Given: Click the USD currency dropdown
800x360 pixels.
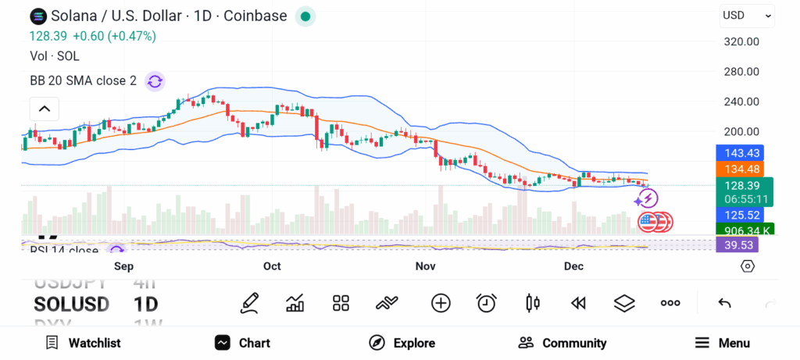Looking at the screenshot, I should (747, 15).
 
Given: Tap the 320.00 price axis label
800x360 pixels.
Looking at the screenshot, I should (741, 41).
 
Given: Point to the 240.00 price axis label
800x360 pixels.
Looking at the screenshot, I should (741, 102).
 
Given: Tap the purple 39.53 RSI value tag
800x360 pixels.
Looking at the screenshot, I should (737, 245).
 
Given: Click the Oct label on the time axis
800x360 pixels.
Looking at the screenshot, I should (272, 266).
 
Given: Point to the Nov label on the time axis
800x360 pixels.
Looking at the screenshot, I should (425, 266).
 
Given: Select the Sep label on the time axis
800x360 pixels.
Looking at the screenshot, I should (124, 266).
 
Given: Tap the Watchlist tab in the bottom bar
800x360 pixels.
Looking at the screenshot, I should (83, 343).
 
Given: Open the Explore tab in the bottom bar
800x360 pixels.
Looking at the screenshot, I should (402, 343).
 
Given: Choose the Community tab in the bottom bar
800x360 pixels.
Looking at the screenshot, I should (562, 343).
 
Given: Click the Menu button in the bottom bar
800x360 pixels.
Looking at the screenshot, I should (723, 343).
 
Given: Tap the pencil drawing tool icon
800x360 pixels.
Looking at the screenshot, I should (249, 303).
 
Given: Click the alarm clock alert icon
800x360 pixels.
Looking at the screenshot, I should (487, 303).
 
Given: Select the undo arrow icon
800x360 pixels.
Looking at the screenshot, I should (724, 303).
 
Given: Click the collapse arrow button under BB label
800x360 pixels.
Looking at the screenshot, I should (45, 109).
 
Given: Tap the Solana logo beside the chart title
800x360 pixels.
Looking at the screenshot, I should (37, 16).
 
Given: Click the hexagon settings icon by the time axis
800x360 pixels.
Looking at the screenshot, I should (748, 266).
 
